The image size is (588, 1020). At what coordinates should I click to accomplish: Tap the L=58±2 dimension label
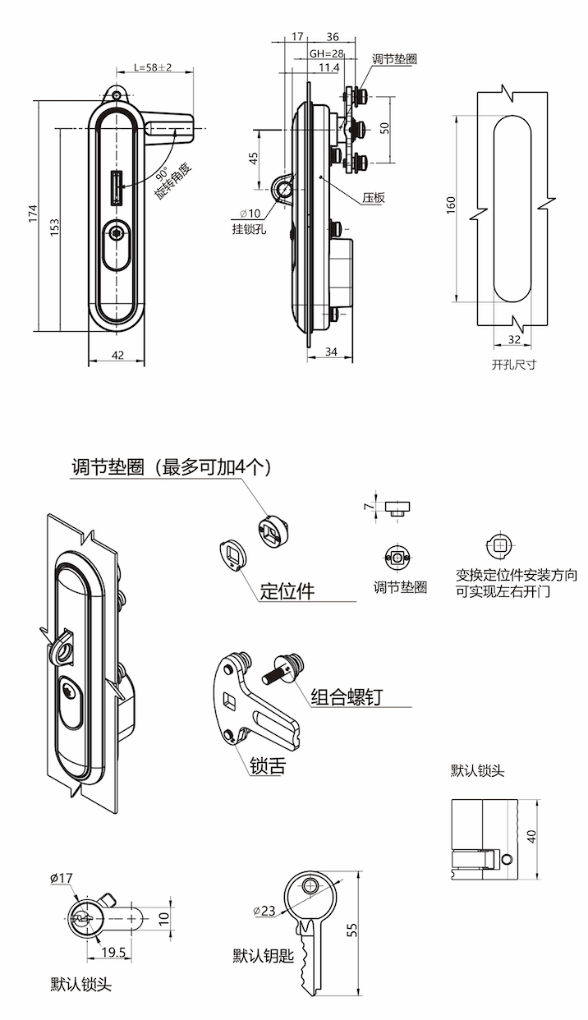tap(153, 67)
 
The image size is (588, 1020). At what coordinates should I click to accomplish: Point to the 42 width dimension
tap(117, 355)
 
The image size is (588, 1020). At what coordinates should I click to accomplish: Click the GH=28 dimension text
tap(326, 53)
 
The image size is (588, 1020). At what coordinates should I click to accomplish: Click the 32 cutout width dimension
tap(514, 339)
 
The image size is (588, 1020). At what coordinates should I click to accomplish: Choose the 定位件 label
tap(287, 591)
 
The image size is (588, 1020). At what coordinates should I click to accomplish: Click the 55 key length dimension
tap(352, 930)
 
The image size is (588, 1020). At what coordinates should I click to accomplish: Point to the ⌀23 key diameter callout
tap(264, 911)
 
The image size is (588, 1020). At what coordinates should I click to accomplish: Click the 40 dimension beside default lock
tap(531, 837)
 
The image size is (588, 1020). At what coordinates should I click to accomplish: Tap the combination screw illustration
tap(283, 667)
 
